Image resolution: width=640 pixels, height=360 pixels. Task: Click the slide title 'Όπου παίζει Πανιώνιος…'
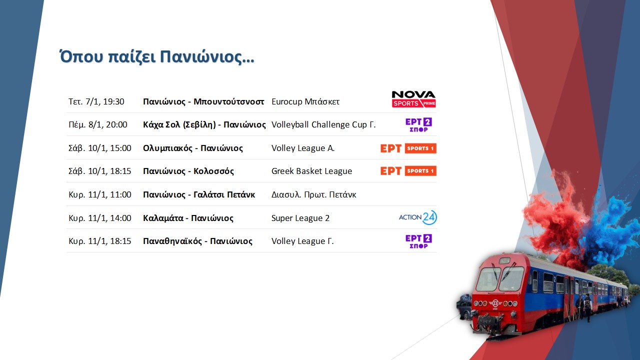156,57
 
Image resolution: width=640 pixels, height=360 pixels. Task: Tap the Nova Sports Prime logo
413,99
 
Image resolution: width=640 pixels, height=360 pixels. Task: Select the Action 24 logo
417,217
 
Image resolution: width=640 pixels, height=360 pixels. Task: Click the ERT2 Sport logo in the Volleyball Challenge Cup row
418,125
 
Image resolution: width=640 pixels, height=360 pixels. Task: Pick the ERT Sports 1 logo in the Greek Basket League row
408,171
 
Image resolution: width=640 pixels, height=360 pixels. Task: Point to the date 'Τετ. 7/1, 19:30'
96,101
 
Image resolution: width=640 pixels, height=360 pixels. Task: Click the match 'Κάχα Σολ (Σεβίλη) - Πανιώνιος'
204,125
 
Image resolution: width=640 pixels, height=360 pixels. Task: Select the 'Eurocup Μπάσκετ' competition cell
305,101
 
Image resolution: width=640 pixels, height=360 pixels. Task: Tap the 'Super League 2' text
300,218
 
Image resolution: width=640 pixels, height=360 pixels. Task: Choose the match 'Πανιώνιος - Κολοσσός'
188,171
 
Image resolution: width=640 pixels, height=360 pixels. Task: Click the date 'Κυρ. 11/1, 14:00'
99,218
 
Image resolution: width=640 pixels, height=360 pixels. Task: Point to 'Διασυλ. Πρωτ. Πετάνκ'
313,195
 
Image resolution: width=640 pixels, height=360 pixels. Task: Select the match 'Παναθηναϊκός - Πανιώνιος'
197,241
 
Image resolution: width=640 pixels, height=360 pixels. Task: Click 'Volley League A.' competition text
303,148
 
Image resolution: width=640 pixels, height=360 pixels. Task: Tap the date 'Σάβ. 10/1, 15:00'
99,148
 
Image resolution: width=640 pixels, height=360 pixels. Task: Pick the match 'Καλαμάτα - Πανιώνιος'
188,218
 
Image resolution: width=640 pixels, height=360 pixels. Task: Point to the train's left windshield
488,279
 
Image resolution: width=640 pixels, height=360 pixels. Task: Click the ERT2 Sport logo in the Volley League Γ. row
418,241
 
